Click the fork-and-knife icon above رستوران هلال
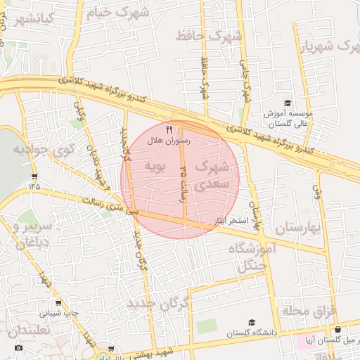168,129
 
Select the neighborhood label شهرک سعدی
212,174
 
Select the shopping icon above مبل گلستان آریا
338,329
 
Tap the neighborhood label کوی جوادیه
34,150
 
